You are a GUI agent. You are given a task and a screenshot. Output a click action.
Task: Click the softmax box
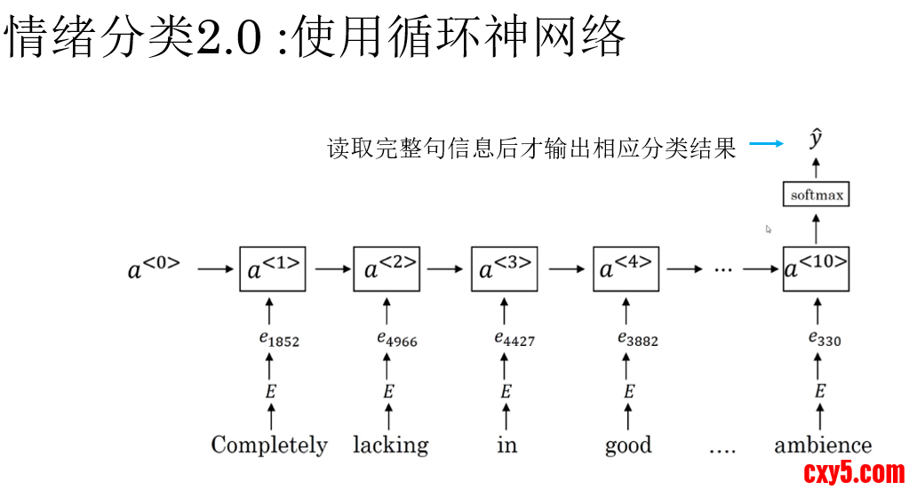coord(816,194)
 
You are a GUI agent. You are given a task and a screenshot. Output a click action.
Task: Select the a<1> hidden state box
coord(272,268)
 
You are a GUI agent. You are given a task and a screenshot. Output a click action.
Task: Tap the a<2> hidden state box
coord(387,268)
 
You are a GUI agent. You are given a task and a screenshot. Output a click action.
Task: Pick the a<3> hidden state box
coord(504,268)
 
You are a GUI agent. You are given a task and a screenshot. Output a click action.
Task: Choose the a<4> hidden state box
coord(626,268)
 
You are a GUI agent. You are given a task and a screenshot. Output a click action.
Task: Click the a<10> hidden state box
coord(817,268)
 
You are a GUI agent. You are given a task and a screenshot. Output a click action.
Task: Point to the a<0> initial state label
coord(152,268)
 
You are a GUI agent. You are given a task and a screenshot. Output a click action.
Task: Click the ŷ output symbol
coord(816,140)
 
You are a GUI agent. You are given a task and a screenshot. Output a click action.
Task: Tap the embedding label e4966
coord(396,339)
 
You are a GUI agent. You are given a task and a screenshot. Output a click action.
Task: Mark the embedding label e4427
coord(514,339)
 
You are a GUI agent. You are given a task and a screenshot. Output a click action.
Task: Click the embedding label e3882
coord(637,339)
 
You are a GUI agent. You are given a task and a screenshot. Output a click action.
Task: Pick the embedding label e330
coord(825,339)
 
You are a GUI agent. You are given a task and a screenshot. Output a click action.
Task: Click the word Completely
coord(269,445)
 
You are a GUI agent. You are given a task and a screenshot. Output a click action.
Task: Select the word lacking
coord(391,445)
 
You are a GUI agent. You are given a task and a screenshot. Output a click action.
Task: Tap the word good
coord(628,445)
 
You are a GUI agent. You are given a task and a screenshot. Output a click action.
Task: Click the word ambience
coord(823,445)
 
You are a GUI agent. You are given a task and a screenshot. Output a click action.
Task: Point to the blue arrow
coord(765,144)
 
